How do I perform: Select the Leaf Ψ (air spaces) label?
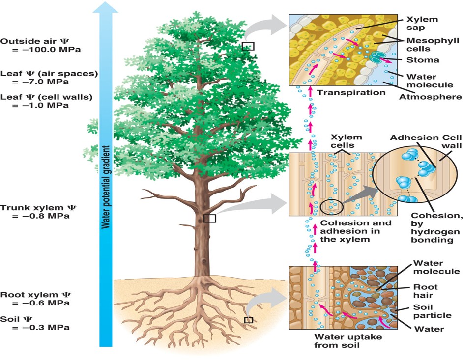click(x=49, y=73)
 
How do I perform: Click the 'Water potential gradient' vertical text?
click(x=105, y=187)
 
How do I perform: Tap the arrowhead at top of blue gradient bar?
click(x=105, y=7)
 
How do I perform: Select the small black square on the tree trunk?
click(x=209, y=218)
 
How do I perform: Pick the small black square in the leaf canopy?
click(x=248, y=46)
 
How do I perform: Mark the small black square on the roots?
click(x=249, y=320)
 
